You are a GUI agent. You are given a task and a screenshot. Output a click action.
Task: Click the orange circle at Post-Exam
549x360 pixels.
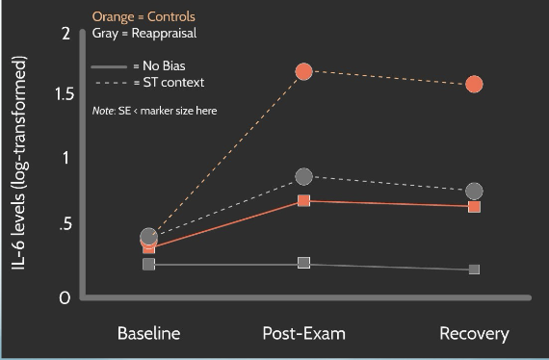click(x=304, y=71)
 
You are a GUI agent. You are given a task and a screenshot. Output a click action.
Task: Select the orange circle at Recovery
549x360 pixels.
click(x=474, y=84)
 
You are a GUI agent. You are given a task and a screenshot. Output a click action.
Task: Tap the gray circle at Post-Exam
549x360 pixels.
click(x=304, y=176)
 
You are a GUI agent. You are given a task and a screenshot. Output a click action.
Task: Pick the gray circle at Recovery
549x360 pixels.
click(x=474, y=192)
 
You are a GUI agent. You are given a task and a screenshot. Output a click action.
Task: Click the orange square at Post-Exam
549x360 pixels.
click(x=304, y=201)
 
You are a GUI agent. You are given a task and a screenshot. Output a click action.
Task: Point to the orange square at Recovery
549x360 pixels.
click(x=474, y=207)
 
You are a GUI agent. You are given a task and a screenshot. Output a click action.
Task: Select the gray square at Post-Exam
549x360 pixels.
click(x=304, y=263)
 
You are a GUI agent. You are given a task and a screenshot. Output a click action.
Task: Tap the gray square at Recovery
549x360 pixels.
click(x=474, y=270)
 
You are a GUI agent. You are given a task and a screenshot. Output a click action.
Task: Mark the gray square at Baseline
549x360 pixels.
click(x=148, y=264)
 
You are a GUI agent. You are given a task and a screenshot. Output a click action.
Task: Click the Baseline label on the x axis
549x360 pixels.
click(x=148, y=334)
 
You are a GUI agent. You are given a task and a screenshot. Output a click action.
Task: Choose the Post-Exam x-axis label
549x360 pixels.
click(x=303, y=334)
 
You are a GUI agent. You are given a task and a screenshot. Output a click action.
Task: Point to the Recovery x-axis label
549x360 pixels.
click(x=474, y=334)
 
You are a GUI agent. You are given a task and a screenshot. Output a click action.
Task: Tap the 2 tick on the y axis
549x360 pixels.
click(x=66, y=35)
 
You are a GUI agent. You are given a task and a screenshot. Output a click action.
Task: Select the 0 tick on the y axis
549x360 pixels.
click(x=65, y=298)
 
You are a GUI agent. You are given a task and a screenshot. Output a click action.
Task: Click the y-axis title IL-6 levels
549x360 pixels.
click(x=19, y=164)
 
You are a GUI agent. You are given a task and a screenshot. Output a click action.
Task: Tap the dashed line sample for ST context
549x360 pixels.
click(x=109, y=83)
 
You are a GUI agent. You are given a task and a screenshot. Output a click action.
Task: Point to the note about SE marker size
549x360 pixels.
click(x=154, y=111)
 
